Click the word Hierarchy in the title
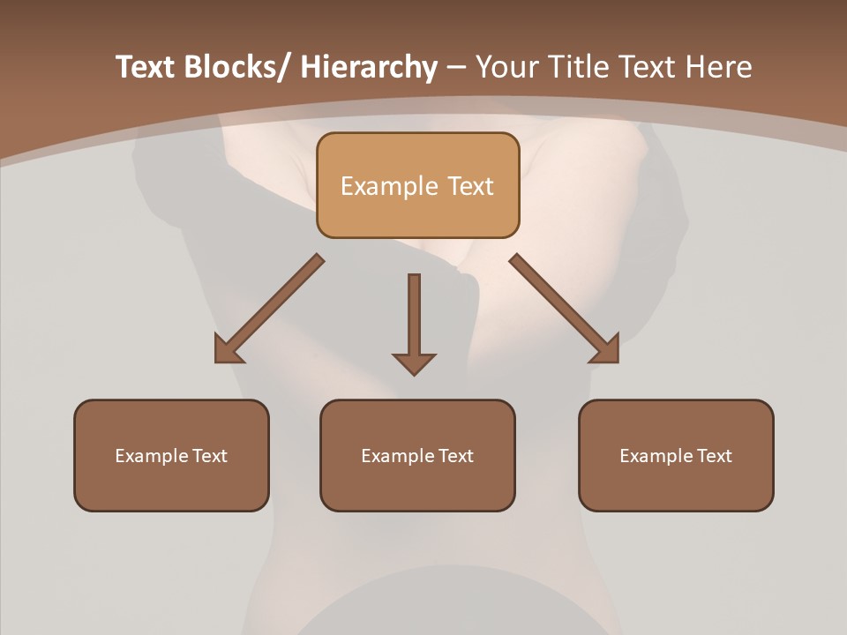(369, 67)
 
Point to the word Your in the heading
(506, 67)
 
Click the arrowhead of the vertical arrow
(414, 363)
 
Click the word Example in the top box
(389, 186)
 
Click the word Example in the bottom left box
(152, 456)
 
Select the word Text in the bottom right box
(715, 456)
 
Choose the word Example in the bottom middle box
(398, 456)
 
